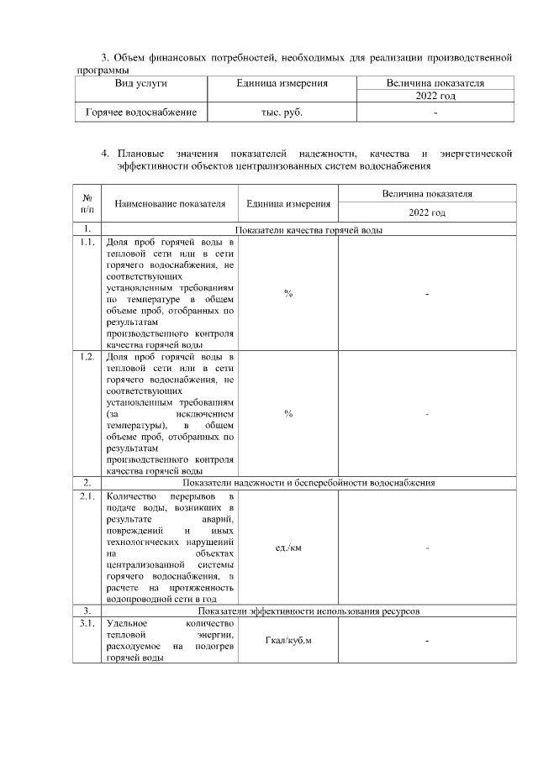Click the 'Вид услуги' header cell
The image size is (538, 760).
(x=140, y=84)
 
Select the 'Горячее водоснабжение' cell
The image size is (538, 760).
(x=140, y=112)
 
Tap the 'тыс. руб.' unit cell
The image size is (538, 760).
(x=282, y=112)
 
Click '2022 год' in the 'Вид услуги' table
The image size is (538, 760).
(x=435, y=97)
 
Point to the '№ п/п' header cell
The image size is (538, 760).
(x=87, y=202)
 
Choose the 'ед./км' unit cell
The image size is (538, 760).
(x=288, y=548)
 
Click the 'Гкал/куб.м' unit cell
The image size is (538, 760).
(x=288, y=642)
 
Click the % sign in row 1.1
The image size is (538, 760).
(x=288, y=293)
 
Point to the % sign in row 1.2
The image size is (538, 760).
(x=288, y=414)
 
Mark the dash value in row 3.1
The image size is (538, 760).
(x=427, y=642)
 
